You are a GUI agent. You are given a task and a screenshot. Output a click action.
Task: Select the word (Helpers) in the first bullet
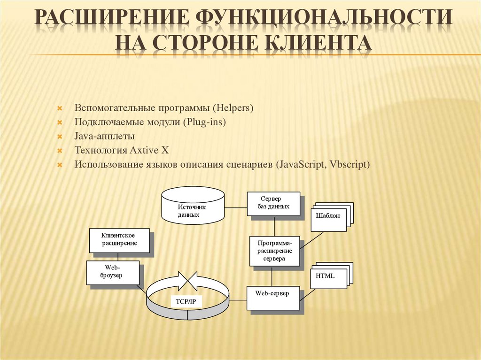(x=233, y=108)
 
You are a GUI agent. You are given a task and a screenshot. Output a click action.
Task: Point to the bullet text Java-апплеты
(x=104, y=137)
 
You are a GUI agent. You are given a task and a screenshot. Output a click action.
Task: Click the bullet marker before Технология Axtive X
(x=60, y=151)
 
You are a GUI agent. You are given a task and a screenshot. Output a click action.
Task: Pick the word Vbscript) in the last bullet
(x=350, y=165)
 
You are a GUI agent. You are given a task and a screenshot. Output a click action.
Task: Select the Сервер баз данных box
(x=273, y=204)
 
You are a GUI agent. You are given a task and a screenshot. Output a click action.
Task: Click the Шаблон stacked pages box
(x=328, y=217)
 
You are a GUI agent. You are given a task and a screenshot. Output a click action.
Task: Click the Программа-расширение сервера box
(x=275, y=251)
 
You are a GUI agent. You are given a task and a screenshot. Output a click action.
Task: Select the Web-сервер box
(x=273, y=297)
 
